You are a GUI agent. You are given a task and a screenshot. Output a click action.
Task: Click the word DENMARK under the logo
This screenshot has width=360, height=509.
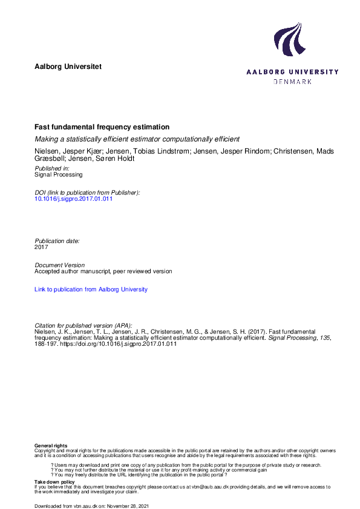293,82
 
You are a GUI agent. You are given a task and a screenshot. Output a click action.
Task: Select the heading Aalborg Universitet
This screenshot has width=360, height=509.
68,66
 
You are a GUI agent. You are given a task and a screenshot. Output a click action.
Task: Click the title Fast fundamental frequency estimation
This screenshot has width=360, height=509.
102,128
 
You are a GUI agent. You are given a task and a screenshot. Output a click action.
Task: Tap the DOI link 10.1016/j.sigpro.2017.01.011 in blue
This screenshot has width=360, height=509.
74,199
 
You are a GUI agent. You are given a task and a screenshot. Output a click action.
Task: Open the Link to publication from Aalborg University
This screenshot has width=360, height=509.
91,290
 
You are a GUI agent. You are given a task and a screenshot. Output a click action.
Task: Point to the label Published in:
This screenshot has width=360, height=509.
52,167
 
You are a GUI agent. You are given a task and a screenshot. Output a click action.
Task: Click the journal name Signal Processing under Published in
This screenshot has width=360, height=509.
59,174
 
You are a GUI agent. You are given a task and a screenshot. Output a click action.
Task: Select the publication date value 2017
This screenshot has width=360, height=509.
41,247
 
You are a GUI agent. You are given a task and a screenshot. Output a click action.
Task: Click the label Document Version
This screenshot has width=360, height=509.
60,265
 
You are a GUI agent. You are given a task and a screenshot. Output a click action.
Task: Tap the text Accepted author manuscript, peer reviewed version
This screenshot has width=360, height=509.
103,271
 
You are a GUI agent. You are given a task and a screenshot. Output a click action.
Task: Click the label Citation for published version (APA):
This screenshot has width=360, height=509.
83,325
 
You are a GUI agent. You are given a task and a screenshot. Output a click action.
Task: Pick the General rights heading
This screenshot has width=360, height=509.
51,446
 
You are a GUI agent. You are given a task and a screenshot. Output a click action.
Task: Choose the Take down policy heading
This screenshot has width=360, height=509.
54,482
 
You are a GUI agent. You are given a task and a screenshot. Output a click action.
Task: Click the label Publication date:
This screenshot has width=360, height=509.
57,241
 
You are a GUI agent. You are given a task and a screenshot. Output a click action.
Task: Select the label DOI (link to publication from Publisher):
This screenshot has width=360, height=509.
87,192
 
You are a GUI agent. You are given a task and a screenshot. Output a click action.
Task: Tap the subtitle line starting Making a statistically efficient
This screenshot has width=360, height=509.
137,139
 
